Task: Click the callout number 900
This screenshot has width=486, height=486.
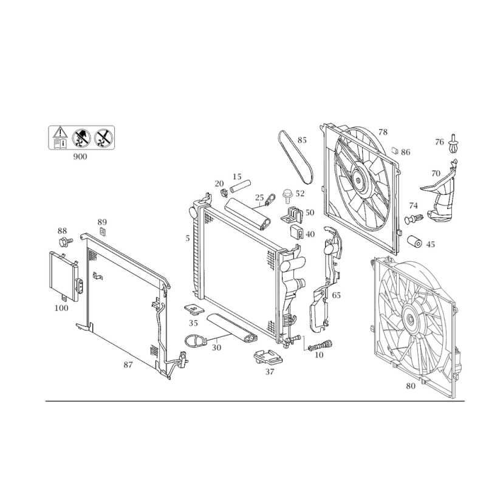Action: (80, 157)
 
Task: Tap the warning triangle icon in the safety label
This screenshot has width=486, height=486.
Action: (60, 132)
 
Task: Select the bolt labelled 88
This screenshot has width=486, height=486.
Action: (66, 242)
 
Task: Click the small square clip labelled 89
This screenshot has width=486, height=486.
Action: (102, 231)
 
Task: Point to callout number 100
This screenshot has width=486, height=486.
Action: (61, 308)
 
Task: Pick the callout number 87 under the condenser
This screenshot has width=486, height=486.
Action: (128, 365)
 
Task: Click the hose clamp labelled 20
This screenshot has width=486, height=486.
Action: (224, 193)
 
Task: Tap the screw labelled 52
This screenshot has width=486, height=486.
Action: (287, 196)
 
